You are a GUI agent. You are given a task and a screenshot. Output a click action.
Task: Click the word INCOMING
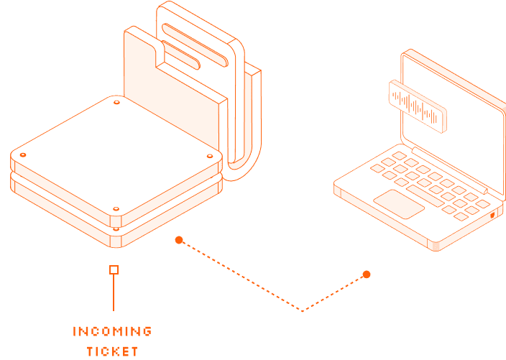(x=112, y=331)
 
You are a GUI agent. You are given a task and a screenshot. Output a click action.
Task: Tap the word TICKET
(x=112, y=351)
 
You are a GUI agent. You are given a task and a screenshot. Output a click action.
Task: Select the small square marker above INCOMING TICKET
(x=114, y=269)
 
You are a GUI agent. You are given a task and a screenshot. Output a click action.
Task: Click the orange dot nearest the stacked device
(x=179, y=239)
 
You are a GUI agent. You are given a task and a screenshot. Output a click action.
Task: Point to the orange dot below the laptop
(x=367, y=274)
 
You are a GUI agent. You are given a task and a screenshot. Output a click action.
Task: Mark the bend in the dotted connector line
(x=303, y=311)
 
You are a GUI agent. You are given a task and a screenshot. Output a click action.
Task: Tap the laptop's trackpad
(x=399, y=203)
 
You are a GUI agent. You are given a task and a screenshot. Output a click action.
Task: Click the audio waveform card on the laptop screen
(x=417, y=107)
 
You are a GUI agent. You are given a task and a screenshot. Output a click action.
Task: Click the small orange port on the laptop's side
(x=493, y=216)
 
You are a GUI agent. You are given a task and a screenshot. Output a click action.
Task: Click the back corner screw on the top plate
(x=116, y=102)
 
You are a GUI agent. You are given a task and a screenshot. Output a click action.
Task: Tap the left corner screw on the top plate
(x=23, y=155)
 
